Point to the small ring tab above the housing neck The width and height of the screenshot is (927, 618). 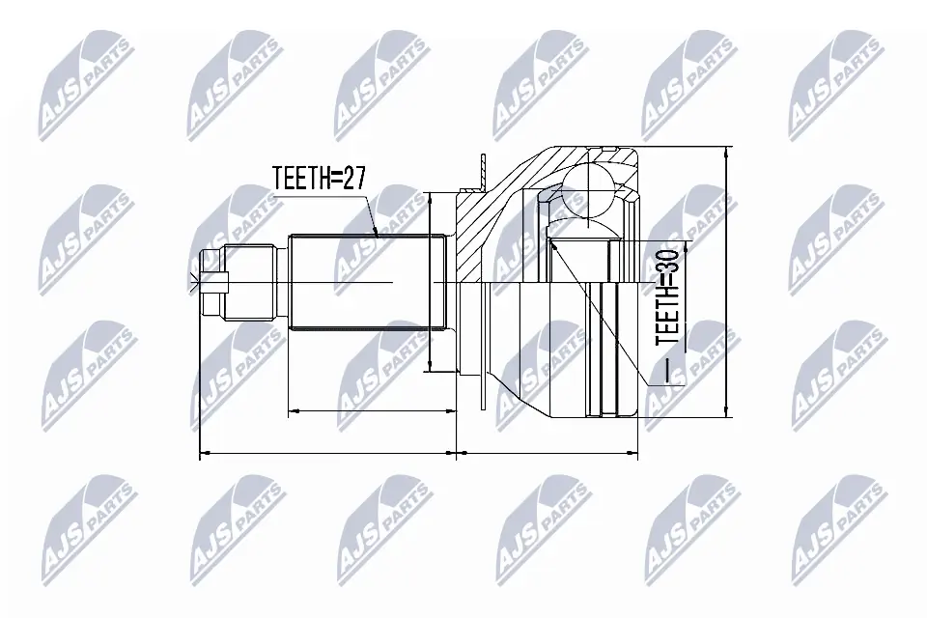(479, 169)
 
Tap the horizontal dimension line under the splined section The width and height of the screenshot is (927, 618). (372, 412)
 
